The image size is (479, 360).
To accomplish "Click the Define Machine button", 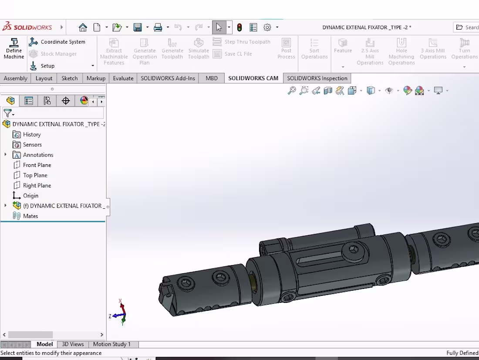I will pos(14,48).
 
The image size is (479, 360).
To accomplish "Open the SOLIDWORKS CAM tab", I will pos(253,78).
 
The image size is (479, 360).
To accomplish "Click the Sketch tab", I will pos(69,78).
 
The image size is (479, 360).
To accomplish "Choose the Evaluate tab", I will pos(123,78).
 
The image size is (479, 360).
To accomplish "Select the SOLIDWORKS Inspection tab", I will pos(317,78).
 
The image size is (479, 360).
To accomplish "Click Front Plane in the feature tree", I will pos(37,165).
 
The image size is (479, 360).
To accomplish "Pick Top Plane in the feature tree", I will pos(35,175).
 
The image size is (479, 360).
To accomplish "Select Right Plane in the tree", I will pos(37,186).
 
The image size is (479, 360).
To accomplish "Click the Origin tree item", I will pos(30,196).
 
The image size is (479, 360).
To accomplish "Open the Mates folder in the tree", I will pos(30,216).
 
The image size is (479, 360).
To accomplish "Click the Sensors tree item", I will pos(32,145).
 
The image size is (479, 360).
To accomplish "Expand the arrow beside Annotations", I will pos(6,155).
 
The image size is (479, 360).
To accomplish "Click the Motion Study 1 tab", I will pos(111,344).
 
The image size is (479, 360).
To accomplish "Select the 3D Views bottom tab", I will pos(73,344).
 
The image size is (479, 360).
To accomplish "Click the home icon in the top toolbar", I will pos(83,27).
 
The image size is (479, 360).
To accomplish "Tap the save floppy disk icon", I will pos(138,27).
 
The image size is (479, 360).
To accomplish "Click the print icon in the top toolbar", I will pos(158,27).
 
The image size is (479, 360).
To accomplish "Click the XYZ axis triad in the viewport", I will pos(121,313).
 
